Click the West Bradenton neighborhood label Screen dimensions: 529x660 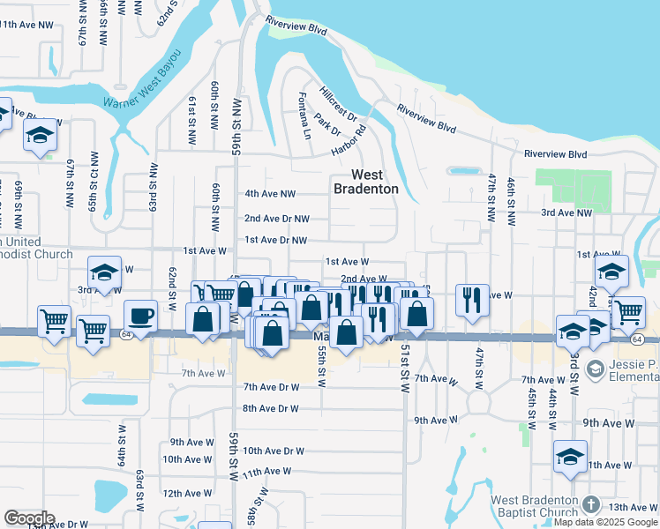[x=365, y=182]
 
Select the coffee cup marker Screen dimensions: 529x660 [x=142, y=316]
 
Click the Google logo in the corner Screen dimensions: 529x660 [x=29, y=518]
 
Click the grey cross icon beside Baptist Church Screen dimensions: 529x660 [x=591, y=505]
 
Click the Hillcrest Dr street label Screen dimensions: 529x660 [x=338, y=105]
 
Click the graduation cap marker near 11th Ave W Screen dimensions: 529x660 [x=570, y=457]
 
